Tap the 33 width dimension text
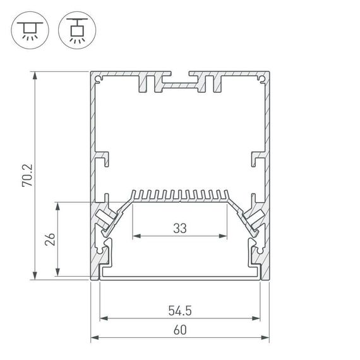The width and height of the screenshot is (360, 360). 180,229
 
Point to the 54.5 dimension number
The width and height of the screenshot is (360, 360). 180,310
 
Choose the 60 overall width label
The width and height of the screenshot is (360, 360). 180,330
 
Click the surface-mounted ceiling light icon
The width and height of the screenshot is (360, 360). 28,30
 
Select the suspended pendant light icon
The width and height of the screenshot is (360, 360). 74,30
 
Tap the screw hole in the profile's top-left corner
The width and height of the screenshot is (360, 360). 99,78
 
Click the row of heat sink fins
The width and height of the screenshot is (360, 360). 180,194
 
